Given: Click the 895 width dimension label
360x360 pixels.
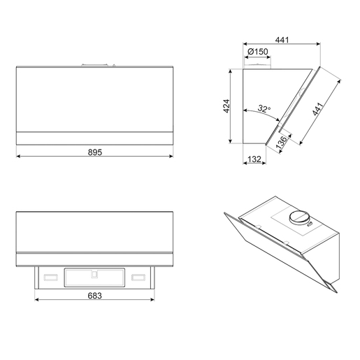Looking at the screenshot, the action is tap(95, 152).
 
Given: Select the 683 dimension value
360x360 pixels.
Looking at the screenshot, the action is tap(95, 296).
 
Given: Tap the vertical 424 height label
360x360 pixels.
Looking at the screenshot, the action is tap(226, 106).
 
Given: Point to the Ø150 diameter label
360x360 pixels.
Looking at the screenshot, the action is tap(257, 52).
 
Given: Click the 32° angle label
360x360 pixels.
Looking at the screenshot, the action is tap(264, 108).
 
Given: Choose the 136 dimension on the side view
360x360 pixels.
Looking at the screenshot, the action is tap(281, 143).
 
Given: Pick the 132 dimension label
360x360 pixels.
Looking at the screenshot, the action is tap(254, 159).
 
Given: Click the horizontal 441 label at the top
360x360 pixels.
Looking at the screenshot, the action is tap(282, 40).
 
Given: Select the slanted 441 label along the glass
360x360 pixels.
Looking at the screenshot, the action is tap(317, 109).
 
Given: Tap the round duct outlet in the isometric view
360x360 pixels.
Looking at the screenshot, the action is tap(300, 217).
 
